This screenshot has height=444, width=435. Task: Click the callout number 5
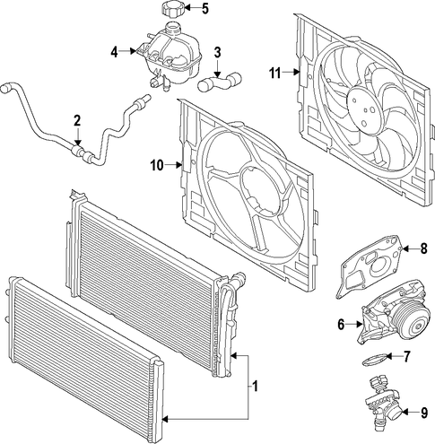[x=204, y=8]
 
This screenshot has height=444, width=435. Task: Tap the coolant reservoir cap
[x=172, y=9]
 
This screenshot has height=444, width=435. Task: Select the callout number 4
[x=115, y=52]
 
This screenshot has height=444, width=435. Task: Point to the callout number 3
[x=217, y=52]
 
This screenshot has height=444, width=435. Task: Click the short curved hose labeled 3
[x=220, y=82]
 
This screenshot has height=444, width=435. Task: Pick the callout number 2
[x=77, y=121]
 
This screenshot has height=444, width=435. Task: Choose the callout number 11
[x=275, y=73]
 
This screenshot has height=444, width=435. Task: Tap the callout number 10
[x=158, y=165]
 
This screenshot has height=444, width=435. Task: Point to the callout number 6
[x=341, y=324]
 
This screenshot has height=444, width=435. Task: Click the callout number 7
[x=406, y=356]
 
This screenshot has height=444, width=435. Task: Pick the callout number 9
[x=424, y=413]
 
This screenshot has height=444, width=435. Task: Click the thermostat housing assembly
[x=382, y=403]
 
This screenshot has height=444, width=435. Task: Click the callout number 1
[x=255, y=386]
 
